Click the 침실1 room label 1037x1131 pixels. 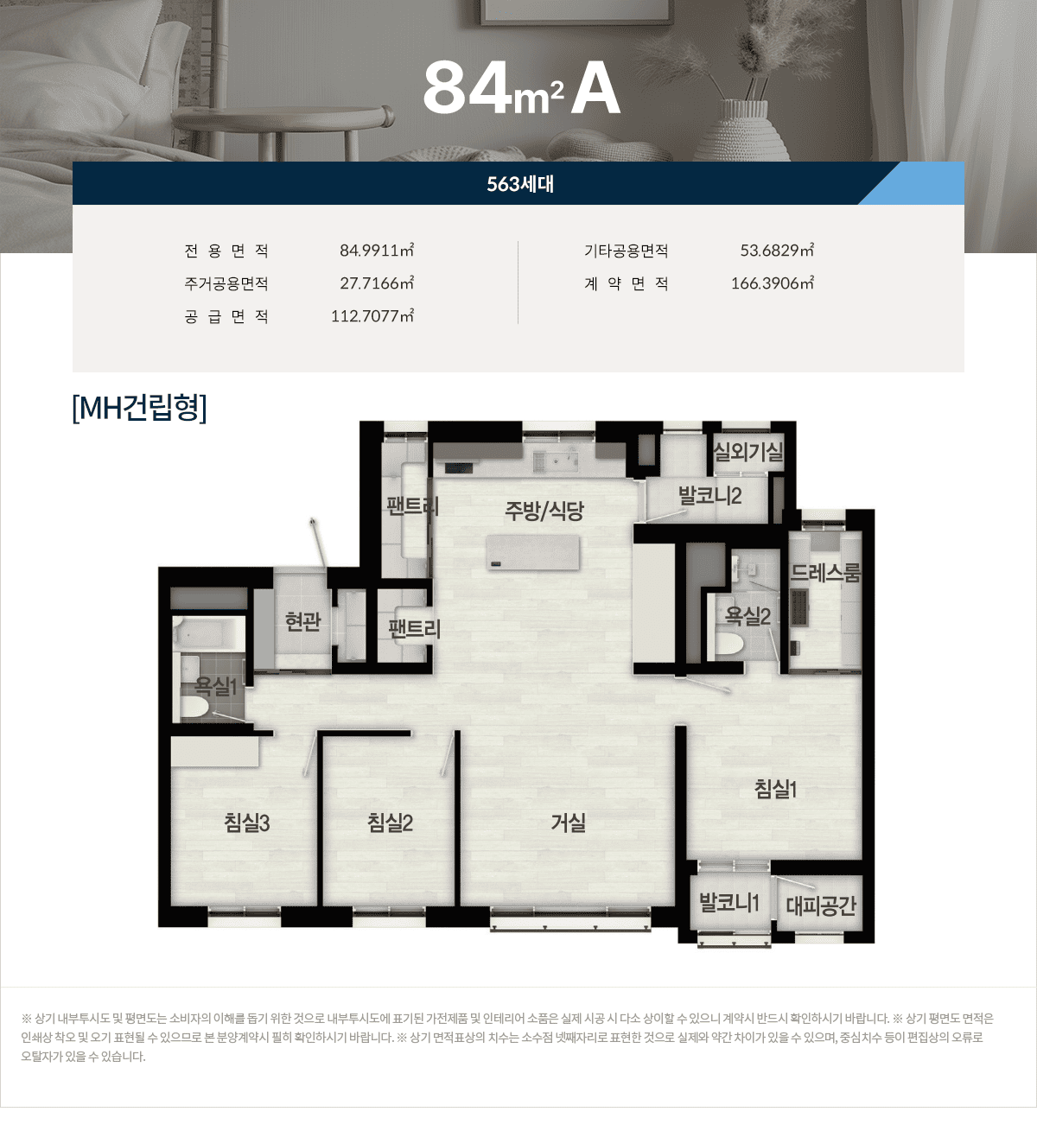tap(775, 789)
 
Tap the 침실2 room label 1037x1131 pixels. tap(390, 823)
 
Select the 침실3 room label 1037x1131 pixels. tap(247, 823)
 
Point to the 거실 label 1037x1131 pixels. tap(569, 823)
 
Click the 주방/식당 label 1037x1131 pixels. tap(544, 511)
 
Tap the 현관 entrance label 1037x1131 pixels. tap(302, 621)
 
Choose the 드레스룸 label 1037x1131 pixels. tap(825, 573)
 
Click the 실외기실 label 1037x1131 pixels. tap(748, 451)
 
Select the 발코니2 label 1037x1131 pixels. tap(709, 496)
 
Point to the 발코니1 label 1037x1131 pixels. tap(728, 903)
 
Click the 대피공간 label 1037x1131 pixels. tap(820, 905)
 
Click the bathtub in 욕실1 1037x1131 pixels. tap(207, 633)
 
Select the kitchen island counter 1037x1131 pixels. tap(532, 552)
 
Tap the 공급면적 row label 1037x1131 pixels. tap(226, 316)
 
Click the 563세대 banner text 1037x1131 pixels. tap(520, 184)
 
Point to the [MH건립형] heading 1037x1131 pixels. tap(139, 408)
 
